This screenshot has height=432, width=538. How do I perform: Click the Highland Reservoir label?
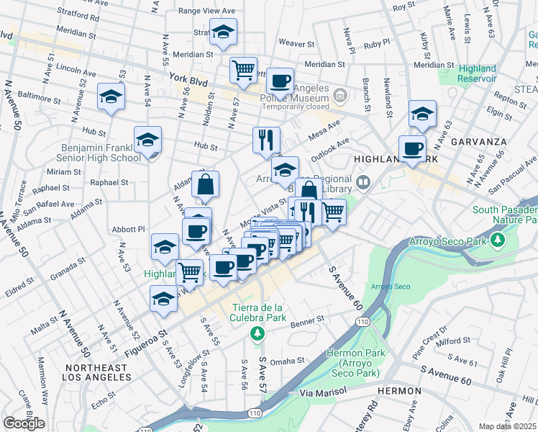pyautogui.click(x=477, y=73)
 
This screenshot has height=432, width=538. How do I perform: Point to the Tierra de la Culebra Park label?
pyautogui.click(x=258, y=312)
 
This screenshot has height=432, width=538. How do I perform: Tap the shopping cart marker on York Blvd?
pyautogui.click(x=244, y=70)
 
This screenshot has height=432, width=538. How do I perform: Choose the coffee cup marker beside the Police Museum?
pyautogui.click(x=280, y=80)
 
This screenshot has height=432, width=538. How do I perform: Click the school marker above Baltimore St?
pyautogui.click(x=111, y=96)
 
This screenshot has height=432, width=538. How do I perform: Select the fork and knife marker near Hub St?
pyautogui.click(x=266, y=138)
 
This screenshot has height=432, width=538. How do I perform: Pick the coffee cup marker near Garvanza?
pyautogui.click(x=412, y=148)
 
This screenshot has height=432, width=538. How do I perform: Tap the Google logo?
pyautogui.click(x=24, y=423)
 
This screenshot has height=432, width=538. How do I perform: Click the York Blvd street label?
pyautogui.click(x=188, y=81)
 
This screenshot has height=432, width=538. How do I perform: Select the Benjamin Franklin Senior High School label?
pyautogui.click(x=101, y=152)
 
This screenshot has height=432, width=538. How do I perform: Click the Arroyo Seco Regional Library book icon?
pyautogui.click(x=364, y=181)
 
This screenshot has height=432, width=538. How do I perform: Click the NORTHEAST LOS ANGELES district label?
pyautogui.click(x=96, y=372)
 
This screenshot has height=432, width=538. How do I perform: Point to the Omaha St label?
pyautogui.click(x=288, y=361)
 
